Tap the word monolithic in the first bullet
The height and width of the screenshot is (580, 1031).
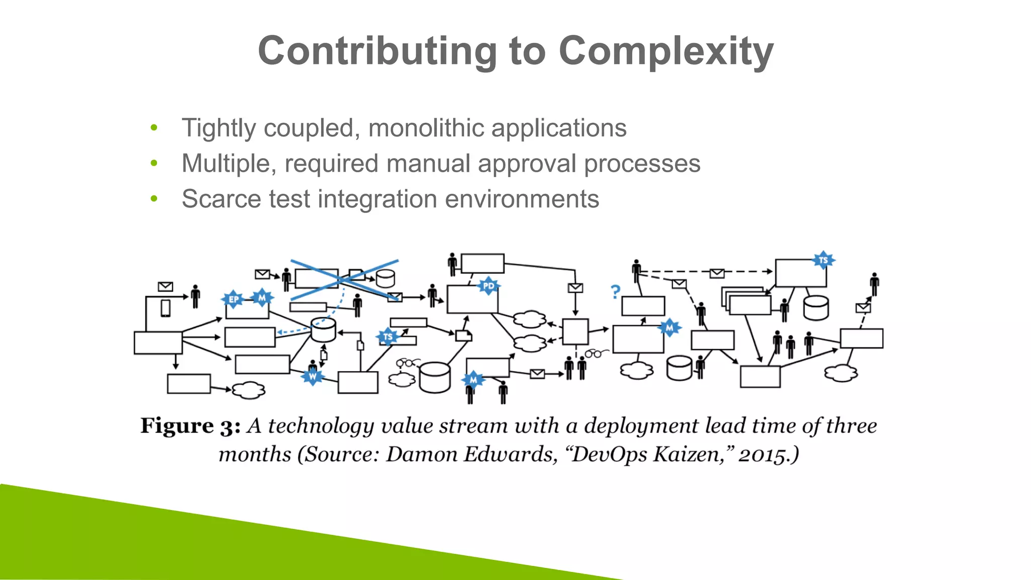(x=426, y=128)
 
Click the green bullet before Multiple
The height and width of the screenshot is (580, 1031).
(x=154, y=163)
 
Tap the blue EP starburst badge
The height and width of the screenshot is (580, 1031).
(x=234, y=300)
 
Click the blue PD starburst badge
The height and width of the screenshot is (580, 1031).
(x=488, y=286)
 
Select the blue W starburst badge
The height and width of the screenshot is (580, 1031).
(x=313, y=376)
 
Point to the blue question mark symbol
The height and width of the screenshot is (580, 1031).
(x=615, y=292)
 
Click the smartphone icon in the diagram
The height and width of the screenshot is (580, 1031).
(x=165, y=308)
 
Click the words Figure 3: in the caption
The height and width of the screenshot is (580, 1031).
(x=190, y=426)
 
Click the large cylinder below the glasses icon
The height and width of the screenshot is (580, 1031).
(x=434, y=377)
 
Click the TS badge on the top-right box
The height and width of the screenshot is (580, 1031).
(x=823, y=260)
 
